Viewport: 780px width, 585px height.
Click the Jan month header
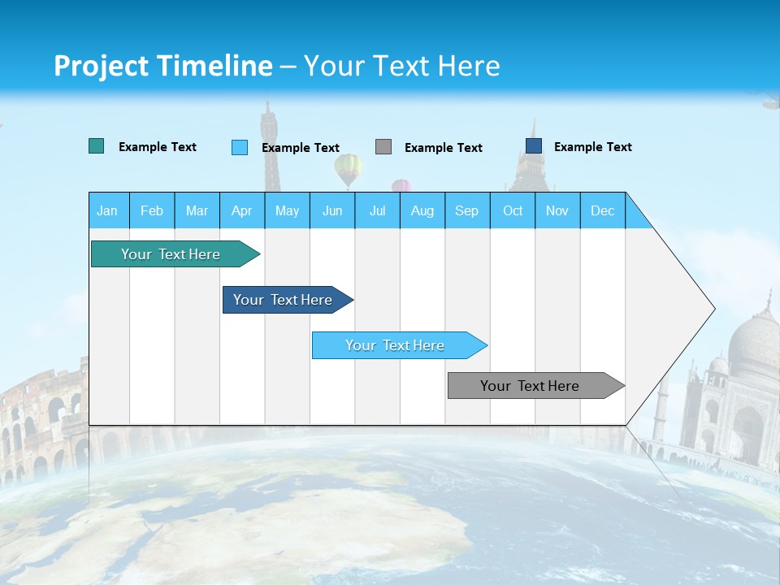pyautogui.click(x=107, y=210)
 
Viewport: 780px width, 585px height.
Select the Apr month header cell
pyautogui.click(x=241, y=210)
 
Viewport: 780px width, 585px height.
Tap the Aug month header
pyautogui.click(x=422, y=210)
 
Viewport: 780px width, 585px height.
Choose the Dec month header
pyautogui.click(x=602, y=210)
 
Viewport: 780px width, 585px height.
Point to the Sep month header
pyautogui.click(x=466, y=210)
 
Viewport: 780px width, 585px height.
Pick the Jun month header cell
pyautogui.click(x=331, y=210)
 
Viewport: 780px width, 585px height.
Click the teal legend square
pyautogui.click(x=96, y=146)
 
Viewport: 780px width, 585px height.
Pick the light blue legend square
pyautogui.click(x=239, y=147)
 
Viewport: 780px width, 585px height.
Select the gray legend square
pyautogui.click(x=383, y=146)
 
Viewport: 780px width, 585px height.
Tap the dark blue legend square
pyautogui.click(x=533, y=146)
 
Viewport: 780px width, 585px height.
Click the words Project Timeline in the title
pyautogui.click(x=163, y=66)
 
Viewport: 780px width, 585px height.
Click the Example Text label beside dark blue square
pyautogui.click(x=592, y=147)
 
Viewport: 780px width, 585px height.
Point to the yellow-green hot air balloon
pyautogui.click(x=348, y=168)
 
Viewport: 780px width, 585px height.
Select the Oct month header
pyautogui.click(x=513, y=210)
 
